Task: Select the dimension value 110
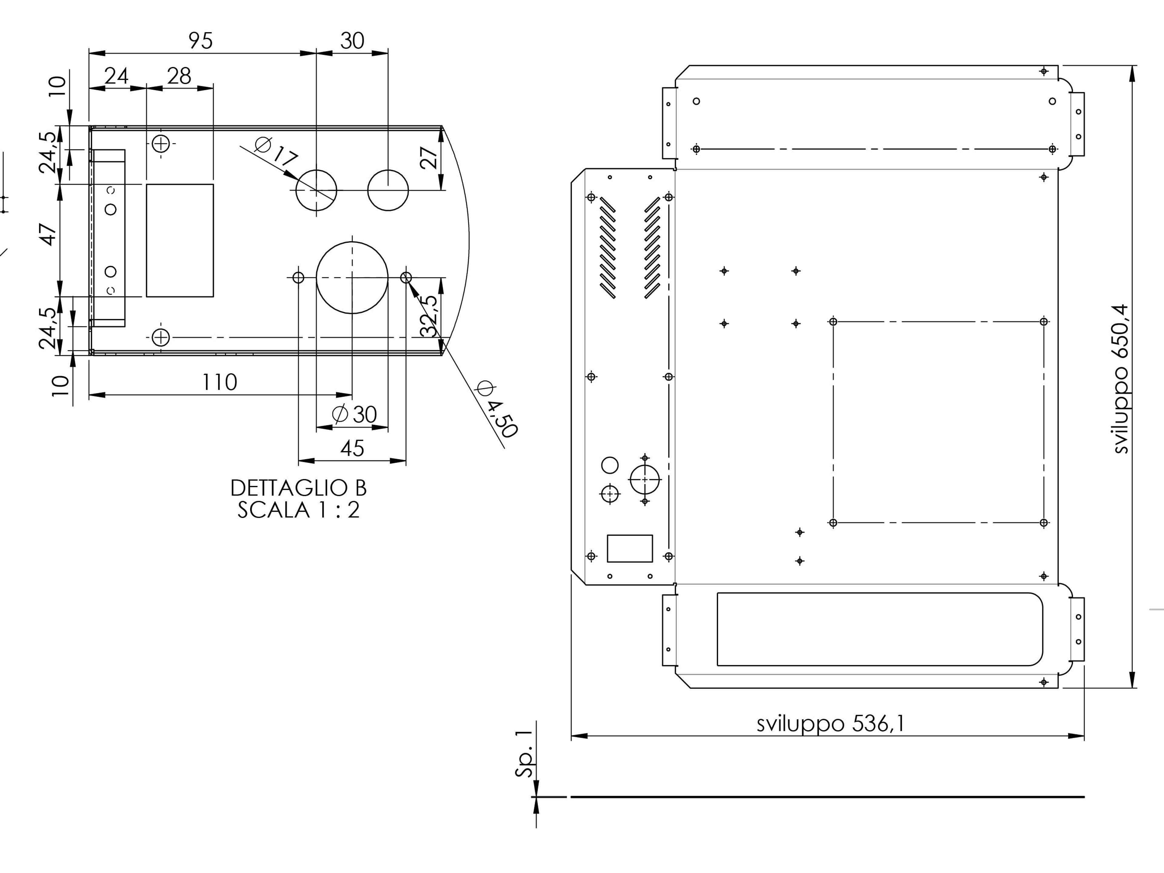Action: (x=219, y=382)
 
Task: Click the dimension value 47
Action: (x=48, y=234)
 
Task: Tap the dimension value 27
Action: (x=429, y=157)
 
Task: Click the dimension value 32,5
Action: (x=429, y=316)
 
